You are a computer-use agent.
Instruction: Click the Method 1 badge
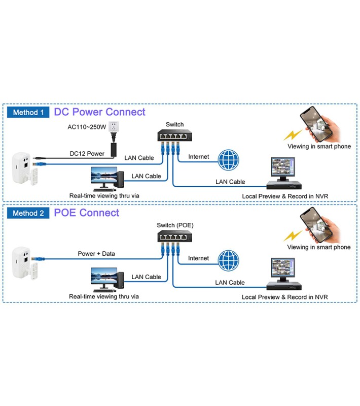pos(28,112)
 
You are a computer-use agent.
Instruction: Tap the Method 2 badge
pos(28,213)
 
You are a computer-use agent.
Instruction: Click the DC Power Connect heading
pos(99,112)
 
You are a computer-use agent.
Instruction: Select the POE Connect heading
pos(87,213)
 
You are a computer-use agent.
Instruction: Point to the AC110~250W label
pos(87,127)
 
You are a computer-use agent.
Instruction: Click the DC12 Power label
pos(87,153)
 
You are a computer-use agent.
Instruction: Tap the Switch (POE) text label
pos(175,225)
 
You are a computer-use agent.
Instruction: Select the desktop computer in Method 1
pos(107,179)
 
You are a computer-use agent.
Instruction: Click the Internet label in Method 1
pos(198,157)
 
